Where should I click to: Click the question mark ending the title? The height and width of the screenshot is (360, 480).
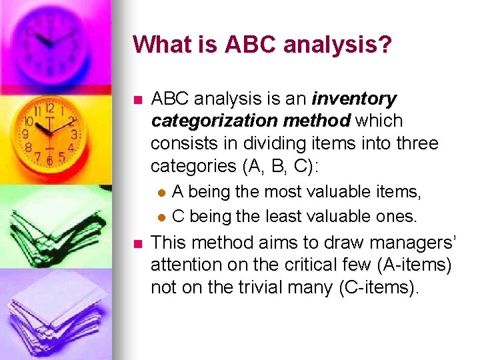click(386, 45)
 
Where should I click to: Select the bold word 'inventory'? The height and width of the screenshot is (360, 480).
click(354, 99)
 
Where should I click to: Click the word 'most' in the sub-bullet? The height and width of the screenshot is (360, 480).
click(285, 193)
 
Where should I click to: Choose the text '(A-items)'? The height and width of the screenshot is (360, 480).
click(414, 265)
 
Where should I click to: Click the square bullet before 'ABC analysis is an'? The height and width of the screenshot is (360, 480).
click(137, 101)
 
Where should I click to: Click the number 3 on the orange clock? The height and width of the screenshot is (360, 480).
click(74, 134)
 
